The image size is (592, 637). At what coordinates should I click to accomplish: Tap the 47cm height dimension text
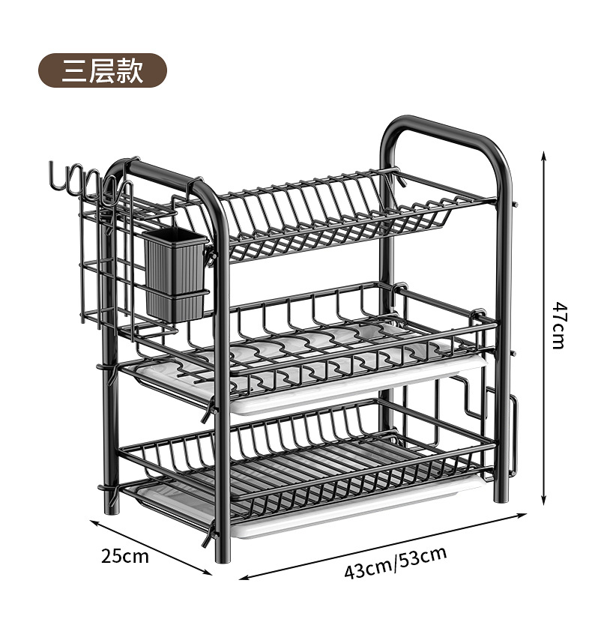point(559,324)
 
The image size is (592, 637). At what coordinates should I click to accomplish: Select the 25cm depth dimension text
point(125,556)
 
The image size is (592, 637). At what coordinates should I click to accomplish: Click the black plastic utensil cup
point(175,273)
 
